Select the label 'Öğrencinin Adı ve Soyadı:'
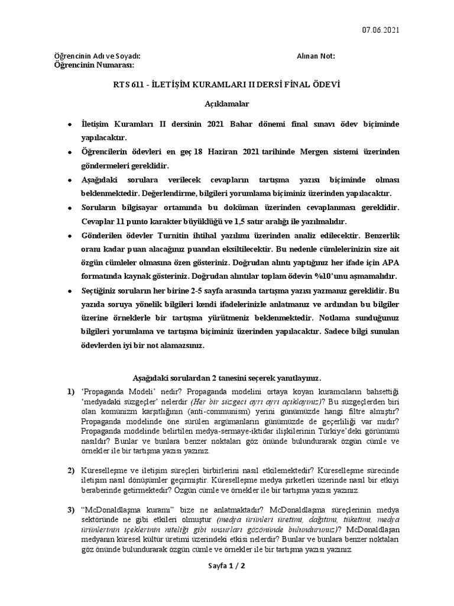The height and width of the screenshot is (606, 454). click(x=98, y=56)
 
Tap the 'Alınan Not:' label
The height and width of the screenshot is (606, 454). click(x=316, y=56)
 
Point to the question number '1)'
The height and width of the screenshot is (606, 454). click(x=71, y=392)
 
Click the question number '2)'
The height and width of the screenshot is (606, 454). click(x=71, y=470)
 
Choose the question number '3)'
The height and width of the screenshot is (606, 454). click(x=71, y=509)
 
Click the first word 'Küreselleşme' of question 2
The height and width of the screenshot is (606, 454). click(x=105, y=470)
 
